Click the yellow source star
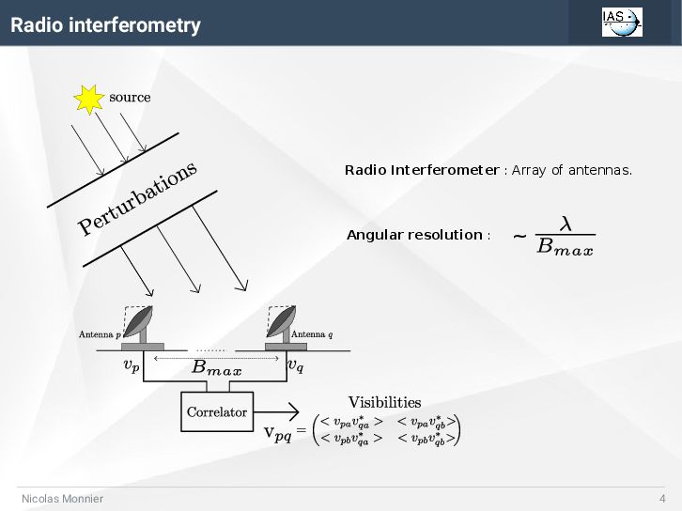pos(89,99)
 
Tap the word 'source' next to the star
pos(130,97)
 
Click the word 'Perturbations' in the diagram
pos(138,198)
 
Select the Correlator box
pos(217,411)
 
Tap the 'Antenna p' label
pos(99,334)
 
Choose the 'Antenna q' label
pos(312,334)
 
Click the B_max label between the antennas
pos(217,369)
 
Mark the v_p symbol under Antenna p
pos(132,365)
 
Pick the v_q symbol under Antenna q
pos(295,365)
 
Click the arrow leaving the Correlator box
pos(277,412)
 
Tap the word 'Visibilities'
pos(384,403)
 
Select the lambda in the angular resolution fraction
pos(566,224)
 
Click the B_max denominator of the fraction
pos(565,248)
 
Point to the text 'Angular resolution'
pos(414,235)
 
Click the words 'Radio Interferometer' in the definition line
pos(422,170)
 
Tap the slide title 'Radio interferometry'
pos(105,25)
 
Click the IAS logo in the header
pos(622,22)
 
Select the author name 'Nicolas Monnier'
pos(63,499)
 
